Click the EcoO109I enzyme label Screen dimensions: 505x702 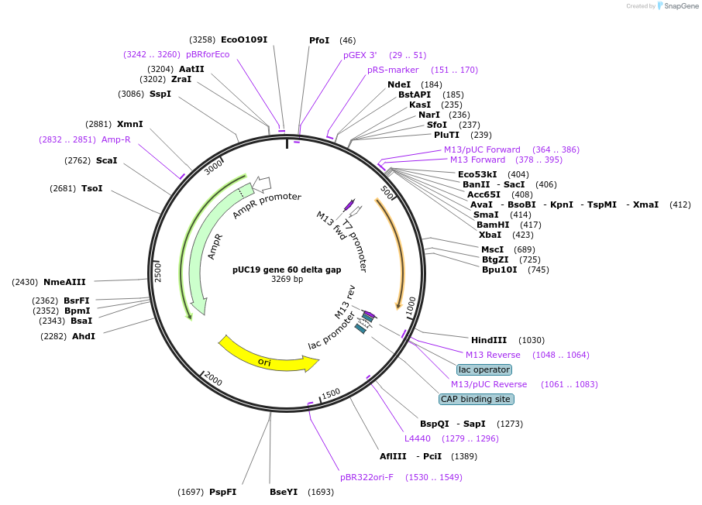click(243, 40)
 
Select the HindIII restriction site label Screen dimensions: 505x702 click(488, 340)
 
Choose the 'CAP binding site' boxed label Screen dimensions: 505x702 click(476, 399)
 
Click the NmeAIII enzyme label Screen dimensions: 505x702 click(64, 282)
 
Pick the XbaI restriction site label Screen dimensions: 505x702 click(490, 235)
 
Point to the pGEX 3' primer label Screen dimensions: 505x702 click(360, 55)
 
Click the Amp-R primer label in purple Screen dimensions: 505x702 click(115, 139)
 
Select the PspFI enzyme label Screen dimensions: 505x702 click(222, 492)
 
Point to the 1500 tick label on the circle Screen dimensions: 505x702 click(331, 394)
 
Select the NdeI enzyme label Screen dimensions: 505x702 click(399, 84)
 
